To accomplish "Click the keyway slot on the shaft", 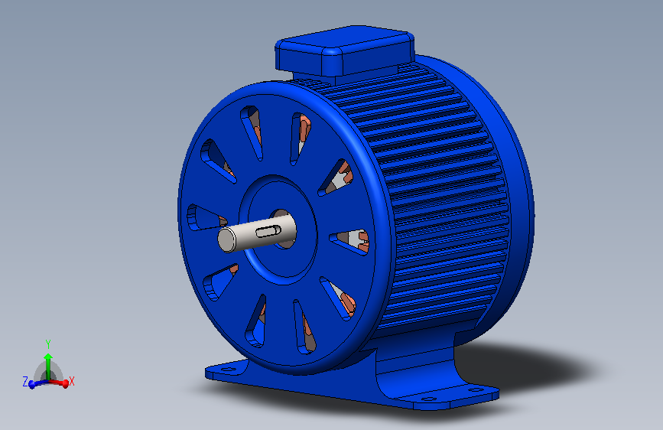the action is (268, 232).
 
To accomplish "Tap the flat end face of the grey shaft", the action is (226, 240).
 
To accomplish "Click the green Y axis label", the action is (48, 344).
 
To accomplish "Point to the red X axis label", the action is (71, 381).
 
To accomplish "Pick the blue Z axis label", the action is (25, 382).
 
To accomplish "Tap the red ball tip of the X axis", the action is (65, 384).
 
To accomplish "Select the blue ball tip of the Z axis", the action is (31, 385).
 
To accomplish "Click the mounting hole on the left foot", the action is (229, 369).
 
